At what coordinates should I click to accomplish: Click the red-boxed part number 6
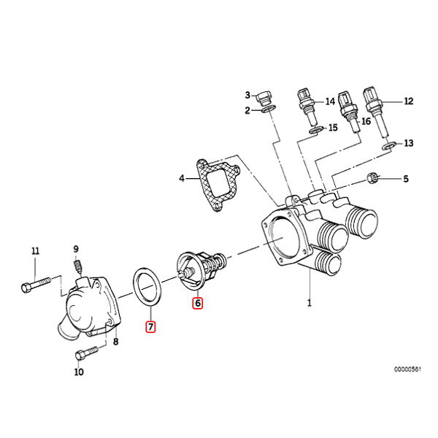coord(197,301)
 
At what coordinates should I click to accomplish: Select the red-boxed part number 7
coord(150,327)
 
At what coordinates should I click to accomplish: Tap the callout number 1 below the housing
coord(309,301)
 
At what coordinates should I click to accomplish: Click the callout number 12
coord(409,101)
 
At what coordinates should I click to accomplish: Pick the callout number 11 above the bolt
coord(34,252)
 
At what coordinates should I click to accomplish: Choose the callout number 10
coord(79,372)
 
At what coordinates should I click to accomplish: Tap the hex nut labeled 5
coord(371,177)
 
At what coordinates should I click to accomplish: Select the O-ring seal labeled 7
coord(149,286)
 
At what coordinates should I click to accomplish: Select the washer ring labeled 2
coord(268,111)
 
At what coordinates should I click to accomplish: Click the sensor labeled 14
coord(305,106)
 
